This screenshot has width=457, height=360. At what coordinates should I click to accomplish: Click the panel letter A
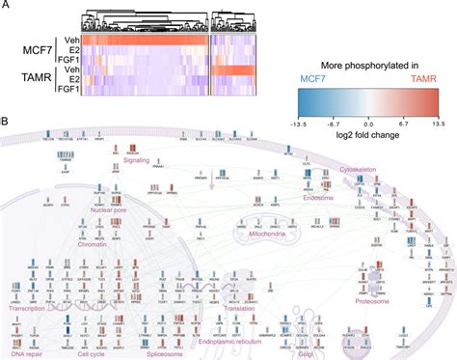click(7, 6)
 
